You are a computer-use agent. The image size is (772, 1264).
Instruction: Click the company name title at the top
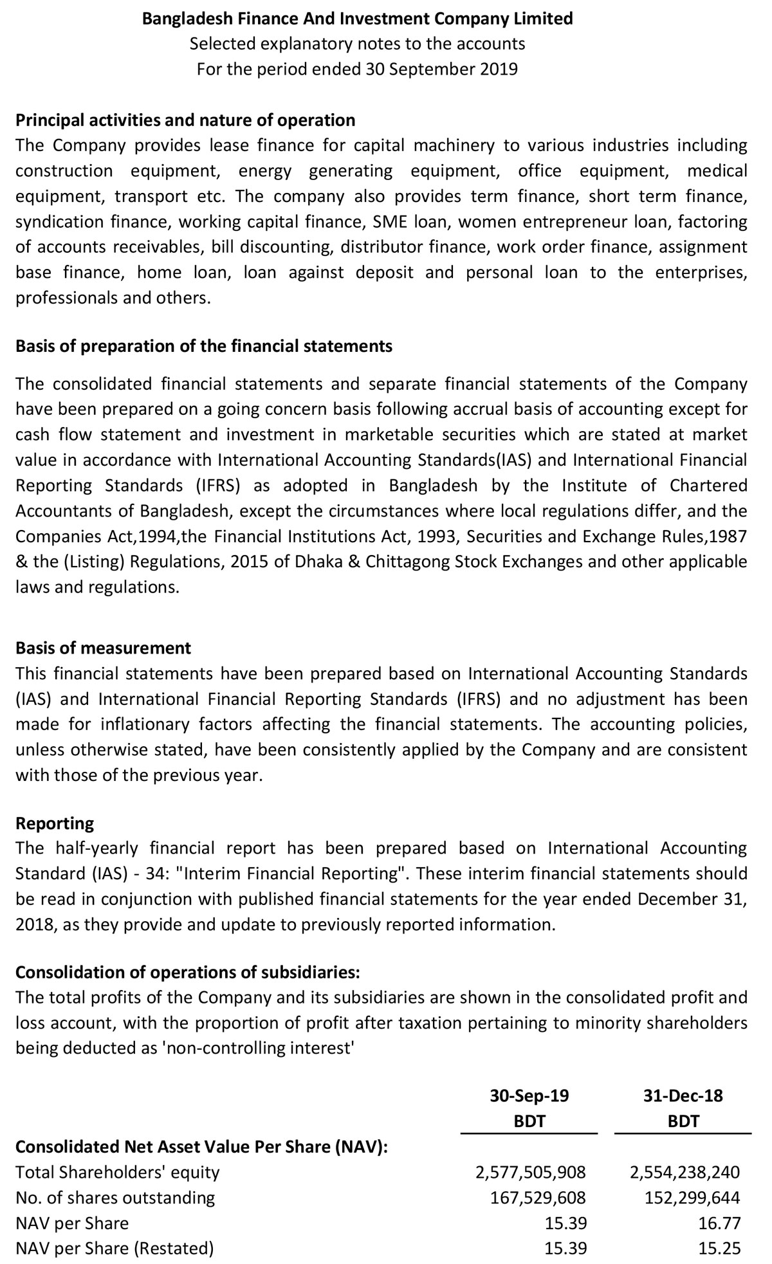coord(358,19)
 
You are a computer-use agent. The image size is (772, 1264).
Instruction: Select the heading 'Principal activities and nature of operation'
coord(185,120)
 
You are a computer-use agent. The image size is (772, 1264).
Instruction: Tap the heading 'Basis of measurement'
coord(103,648)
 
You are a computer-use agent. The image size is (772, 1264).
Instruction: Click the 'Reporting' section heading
coord(55,823)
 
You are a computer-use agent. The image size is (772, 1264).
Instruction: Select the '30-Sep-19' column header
coord(529,1095)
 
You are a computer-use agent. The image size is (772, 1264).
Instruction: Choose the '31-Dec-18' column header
coord(683,1095)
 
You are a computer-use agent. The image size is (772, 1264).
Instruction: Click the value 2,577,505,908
coord(531,1172)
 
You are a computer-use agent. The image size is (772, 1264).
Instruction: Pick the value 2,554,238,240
coord(685,1172)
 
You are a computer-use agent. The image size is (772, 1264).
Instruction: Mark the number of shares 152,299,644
coord(692,1198)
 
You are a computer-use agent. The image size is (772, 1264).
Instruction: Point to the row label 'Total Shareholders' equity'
coord(118,1172)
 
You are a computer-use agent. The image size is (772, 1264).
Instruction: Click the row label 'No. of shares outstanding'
coord(115,1198)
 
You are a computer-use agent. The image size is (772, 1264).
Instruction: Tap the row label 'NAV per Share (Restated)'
coord(115,1249)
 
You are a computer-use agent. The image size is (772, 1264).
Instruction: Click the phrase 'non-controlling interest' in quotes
coord(257,1048)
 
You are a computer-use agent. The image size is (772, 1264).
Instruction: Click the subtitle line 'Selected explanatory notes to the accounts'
coord(358,44)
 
